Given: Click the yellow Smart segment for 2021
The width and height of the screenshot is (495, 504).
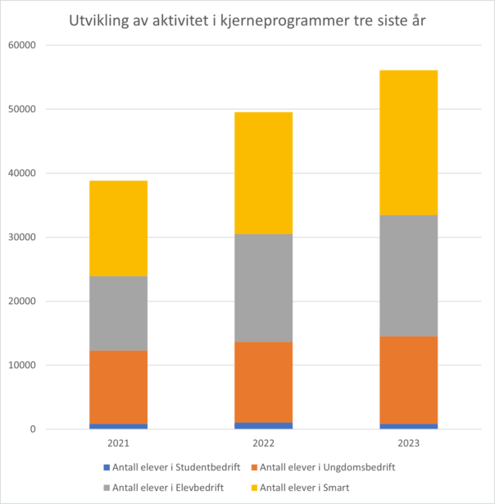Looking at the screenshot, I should pos(118,229).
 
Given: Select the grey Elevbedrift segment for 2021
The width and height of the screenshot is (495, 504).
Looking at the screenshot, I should pos(118,313).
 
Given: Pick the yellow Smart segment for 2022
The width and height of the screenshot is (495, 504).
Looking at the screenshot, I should pos(263,173).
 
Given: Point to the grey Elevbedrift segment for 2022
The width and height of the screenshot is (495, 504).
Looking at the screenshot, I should pos(263,288).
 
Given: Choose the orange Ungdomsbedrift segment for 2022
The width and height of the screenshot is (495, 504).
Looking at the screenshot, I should pos(263,382).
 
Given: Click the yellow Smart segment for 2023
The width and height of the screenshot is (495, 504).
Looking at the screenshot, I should pos(408,143).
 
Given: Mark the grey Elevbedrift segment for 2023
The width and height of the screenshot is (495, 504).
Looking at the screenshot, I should pos(408,275).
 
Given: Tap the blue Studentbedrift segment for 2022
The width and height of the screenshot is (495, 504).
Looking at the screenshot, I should pos(263,425).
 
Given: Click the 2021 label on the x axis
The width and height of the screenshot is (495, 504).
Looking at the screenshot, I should pos(118,443).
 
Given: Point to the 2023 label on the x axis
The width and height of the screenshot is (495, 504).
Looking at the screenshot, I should pos(408,443).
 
